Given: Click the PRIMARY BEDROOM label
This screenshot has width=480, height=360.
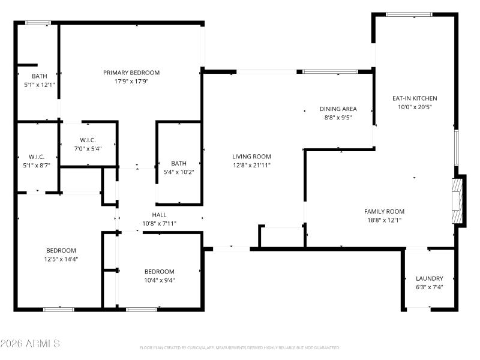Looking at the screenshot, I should click(x=131, y=73).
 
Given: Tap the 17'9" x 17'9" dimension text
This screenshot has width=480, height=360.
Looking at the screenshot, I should click(x=131, y=81).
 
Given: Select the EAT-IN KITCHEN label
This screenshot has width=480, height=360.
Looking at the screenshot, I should click(x=415, y=98).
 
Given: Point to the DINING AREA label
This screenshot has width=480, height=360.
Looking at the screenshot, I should click(x=338, y=109).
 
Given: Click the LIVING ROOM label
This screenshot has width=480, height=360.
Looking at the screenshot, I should click(x=252, y=156).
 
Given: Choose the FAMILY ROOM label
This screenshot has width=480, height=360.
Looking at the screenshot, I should click(x=384, y=211).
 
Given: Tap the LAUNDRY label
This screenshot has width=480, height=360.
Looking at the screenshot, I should click(x=430, y=278).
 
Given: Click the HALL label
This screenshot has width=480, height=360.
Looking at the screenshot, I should click(x=159, y=215).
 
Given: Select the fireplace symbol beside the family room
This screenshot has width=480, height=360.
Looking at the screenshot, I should click(x=458, y=200).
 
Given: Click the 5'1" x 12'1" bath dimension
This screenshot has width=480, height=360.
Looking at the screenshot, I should click(x=39, y=85).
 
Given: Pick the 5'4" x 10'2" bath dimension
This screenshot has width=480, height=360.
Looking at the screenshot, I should click(x=179, y=172).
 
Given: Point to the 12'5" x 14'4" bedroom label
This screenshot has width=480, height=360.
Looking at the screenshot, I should click(x=61, y=259).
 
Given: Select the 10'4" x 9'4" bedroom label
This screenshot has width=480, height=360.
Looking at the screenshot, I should click(x=159, y=280).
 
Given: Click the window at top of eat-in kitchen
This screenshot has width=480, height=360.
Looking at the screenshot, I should click(x=409, y=14).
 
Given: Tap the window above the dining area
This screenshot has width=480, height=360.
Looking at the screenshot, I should click(x=330, y=72).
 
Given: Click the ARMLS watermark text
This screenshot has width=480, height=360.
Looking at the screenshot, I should click(x=30, y=344).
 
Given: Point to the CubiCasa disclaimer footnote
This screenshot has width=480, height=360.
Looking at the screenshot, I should click(x=239, y=347).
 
